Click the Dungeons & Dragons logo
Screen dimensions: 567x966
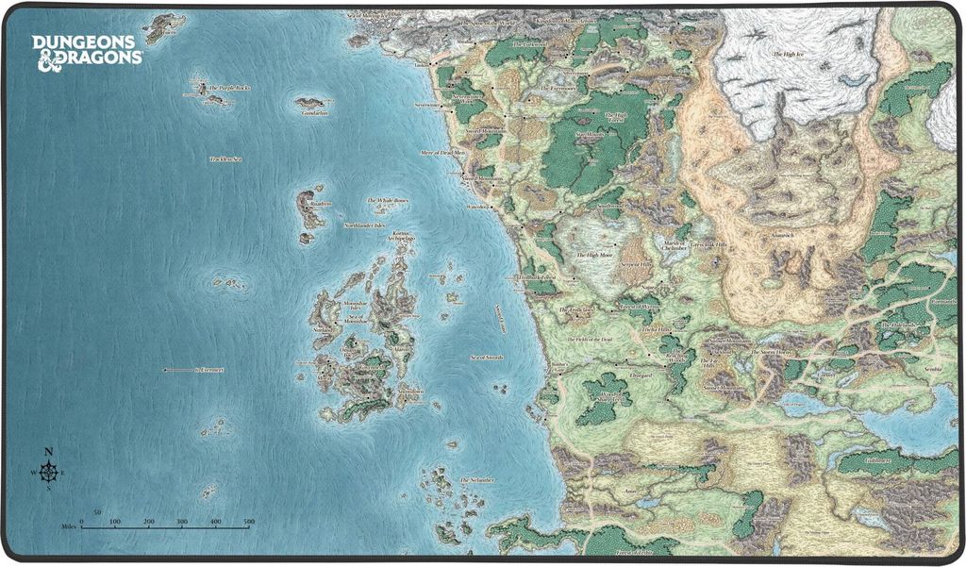pos(87,50)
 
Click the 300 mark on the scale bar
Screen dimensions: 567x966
pos(181,521)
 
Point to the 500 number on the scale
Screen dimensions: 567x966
pos(248,521)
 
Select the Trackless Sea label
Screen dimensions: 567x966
pos(226,159)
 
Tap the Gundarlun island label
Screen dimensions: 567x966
pos(314,112)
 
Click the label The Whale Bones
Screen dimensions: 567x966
pos(388,201)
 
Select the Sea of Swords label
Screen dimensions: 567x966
pos(489,358)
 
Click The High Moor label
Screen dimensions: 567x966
pos(593,255)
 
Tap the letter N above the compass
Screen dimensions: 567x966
pos(49,451)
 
